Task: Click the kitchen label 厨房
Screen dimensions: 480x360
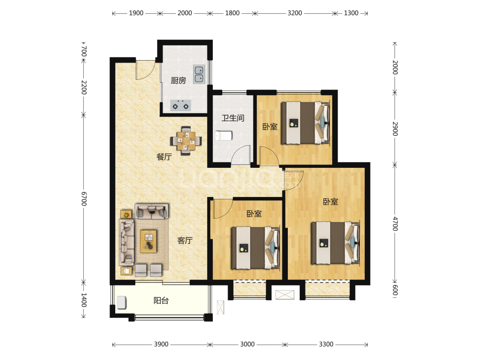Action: click(178, 80)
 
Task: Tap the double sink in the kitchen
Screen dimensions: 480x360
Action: click(199, 74)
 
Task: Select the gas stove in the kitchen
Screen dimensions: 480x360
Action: click(181, 105)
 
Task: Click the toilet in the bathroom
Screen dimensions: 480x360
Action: click(223, 136)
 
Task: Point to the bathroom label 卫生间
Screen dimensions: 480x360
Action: click(233, 118)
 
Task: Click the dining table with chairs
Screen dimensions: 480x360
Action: click(186, 141)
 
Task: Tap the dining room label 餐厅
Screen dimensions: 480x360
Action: click(164, 157)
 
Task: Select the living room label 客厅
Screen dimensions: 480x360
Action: click(185, 240)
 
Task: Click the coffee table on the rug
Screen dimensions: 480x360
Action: click(149, 241)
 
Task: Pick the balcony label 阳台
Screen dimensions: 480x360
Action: click(161, 301)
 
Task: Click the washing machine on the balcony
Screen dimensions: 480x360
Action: click(121, 303)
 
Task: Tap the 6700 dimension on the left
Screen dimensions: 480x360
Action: click(84, 199)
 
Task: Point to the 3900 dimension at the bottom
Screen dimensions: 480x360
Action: click(161, 344)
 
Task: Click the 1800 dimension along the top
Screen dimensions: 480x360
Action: click(232, 13)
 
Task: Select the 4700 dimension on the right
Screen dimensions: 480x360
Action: click(395, 224)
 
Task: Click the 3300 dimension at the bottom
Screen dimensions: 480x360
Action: click(327, 344)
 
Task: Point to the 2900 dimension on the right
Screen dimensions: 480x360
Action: click(395, 129)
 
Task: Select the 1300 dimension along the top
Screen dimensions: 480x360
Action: click(351, 13)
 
